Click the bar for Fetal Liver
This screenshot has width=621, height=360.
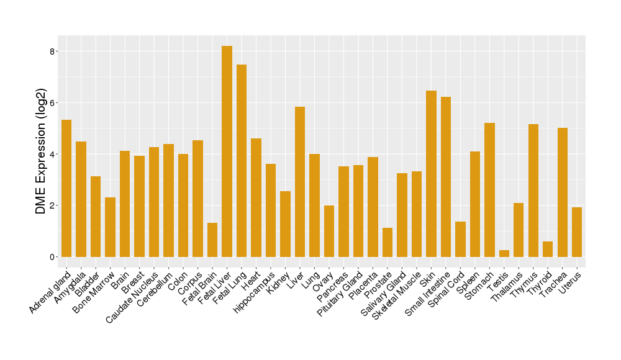(x=227, y=151)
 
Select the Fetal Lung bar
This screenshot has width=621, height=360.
(x=242, y=161)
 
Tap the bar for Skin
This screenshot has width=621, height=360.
(x=431, y=174)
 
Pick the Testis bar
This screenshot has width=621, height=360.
(x=504, y=254)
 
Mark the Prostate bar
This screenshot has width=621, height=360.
(x=388, y=242)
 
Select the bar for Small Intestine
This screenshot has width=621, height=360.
(x=446, y=177)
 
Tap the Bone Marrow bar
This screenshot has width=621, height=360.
(x=110, y=227)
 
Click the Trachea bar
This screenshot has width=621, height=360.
(x=562, y=192)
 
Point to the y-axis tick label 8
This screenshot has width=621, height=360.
(x=53, y=52)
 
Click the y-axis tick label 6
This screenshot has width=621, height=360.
(x=53, y=103)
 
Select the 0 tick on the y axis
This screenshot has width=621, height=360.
(x=53, y=257)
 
